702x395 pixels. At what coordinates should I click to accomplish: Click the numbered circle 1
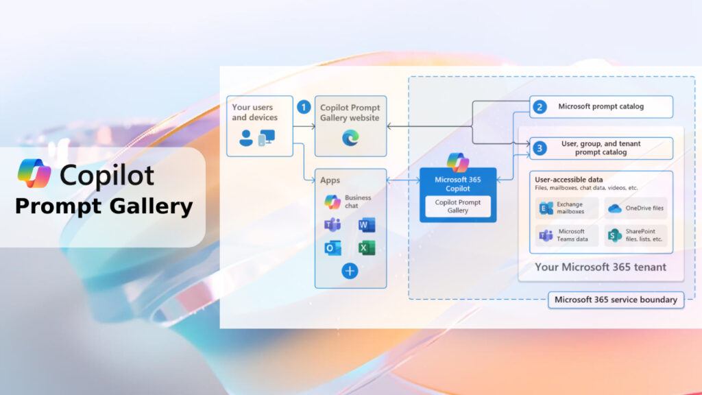304,107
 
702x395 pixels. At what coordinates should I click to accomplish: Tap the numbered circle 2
540,106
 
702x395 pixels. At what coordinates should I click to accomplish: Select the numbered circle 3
540,147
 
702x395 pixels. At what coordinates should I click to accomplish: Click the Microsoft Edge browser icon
350,138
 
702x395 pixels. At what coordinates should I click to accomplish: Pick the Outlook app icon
333,248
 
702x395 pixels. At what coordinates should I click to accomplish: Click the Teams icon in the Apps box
333,226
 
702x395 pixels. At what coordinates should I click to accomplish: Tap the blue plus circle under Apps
350,271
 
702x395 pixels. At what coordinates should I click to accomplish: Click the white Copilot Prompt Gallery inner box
458,206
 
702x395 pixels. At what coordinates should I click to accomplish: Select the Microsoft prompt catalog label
601,106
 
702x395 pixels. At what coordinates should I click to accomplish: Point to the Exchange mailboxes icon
546,208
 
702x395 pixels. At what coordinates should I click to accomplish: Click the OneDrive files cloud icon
615,208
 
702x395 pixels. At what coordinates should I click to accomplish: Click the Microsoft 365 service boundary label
616,300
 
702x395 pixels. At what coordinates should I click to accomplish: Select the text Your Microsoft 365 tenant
601,267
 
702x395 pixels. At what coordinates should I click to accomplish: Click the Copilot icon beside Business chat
332,202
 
